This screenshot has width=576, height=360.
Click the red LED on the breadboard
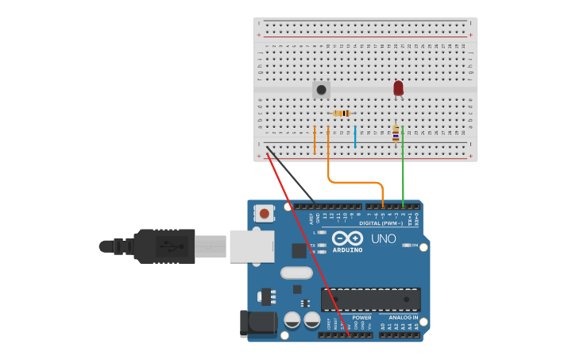tap(398, 87)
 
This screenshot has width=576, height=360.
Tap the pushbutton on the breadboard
tap(321, 90)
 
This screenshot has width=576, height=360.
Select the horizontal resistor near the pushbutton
tap(342, 114)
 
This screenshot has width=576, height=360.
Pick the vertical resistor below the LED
tap(395, 134)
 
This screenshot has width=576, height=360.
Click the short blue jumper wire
tap(355, 137)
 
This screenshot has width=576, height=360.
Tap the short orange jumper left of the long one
tap(315, 140)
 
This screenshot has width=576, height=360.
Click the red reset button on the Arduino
tap(263, 213)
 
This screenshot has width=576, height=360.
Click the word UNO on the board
tap(384, 238)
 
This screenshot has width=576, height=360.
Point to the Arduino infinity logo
tap(347, 238)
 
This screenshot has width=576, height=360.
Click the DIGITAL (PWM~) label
tap(381, 223)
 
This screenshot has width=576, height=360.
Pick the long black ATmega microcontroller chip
tap(370, 299)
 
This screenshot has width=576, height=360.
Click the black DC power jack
tap(256, 323)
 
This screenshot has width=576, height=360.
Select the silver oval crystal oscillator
tap(296, 273)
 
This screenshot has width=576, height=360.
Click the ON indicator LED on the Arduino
tap(407, 245)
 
